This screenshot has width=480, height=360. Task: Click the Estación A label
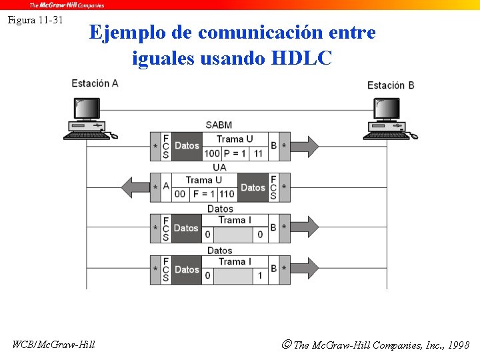(x=95, y=83)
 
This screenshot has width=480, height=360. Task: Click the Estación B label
(x=391, y=85)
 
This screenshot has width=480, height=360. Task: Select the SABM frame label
(x=219, y=125)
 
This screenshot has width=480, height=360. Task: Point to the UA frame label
(x=219, y=167)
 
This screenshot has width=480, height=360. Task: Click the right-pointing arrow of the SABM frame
(x=304, y=146)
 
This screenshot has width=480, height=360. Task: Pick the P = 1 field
(x=235, y=153)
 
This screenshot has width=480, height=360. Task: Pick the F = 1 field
(x=203, y=194)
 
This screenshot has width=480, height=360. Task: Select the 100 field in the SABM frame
(x=212, y=153)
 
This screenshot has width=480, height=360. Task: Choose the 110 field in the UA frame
(x=227, y=194)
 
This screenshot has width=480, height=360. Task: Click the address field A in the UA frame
(x=166, y=187)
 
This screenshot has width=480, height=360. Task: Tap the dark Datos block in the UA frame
(x=253, y=187)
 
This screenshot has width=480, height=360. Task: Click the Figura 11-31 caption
(x=35, y=20)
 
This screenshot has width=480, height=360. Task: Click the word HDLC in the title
(x=301, y=59)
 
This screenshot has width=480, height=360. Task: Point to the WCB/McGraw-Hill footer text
(x=53, y=344)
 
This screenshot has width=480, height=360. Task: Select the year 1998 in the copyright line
(x=458, y=345)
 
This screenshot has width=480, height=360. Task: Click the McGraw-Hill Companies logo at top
(x=67, y=5)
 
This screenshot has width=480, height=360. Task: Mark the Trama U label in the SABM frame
(x=235, y=139)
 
